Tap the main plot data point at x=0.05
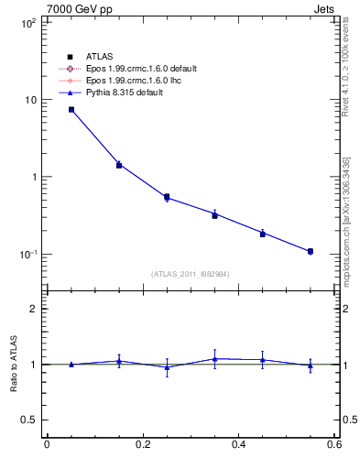71,109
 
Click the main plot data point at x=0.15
119,165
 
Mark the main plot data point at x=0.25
167,197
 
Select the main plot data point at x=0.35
214,214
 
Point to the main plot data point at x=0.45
263,234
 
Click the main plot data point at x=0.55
311,251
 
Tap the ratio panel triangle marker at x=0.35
214,359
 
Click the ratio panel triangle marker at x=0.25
167,367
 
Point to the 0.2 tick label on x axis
142,444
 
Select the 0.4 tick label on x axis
238,444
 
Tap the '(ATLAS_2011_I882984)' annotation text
191,274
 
